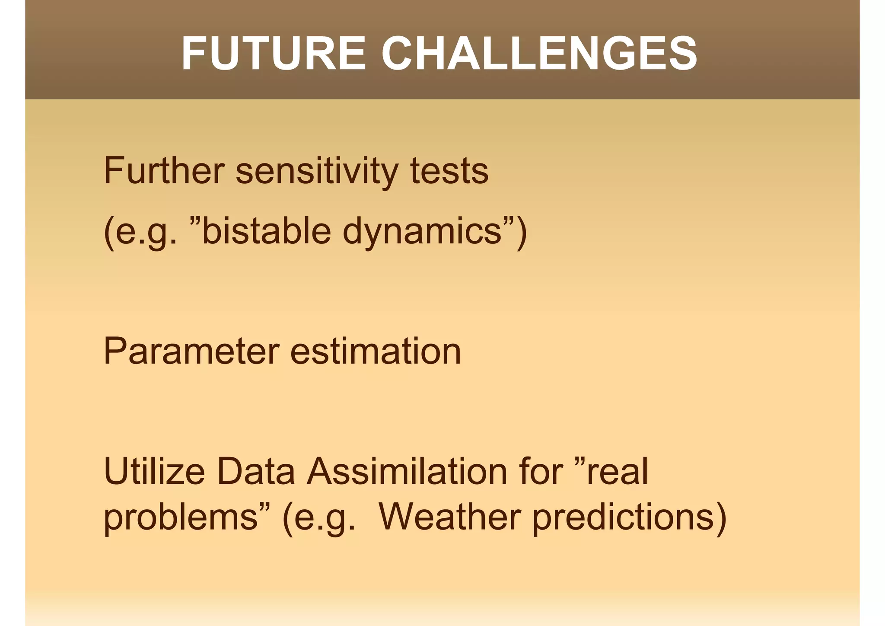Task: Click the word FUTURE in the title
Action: [274, 54]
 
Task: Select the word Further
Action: [164, 170]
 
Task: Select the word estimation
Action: [376, 351]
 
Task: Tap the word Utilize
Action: [154, 471]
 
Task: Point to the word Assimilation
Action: [406, 471]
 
